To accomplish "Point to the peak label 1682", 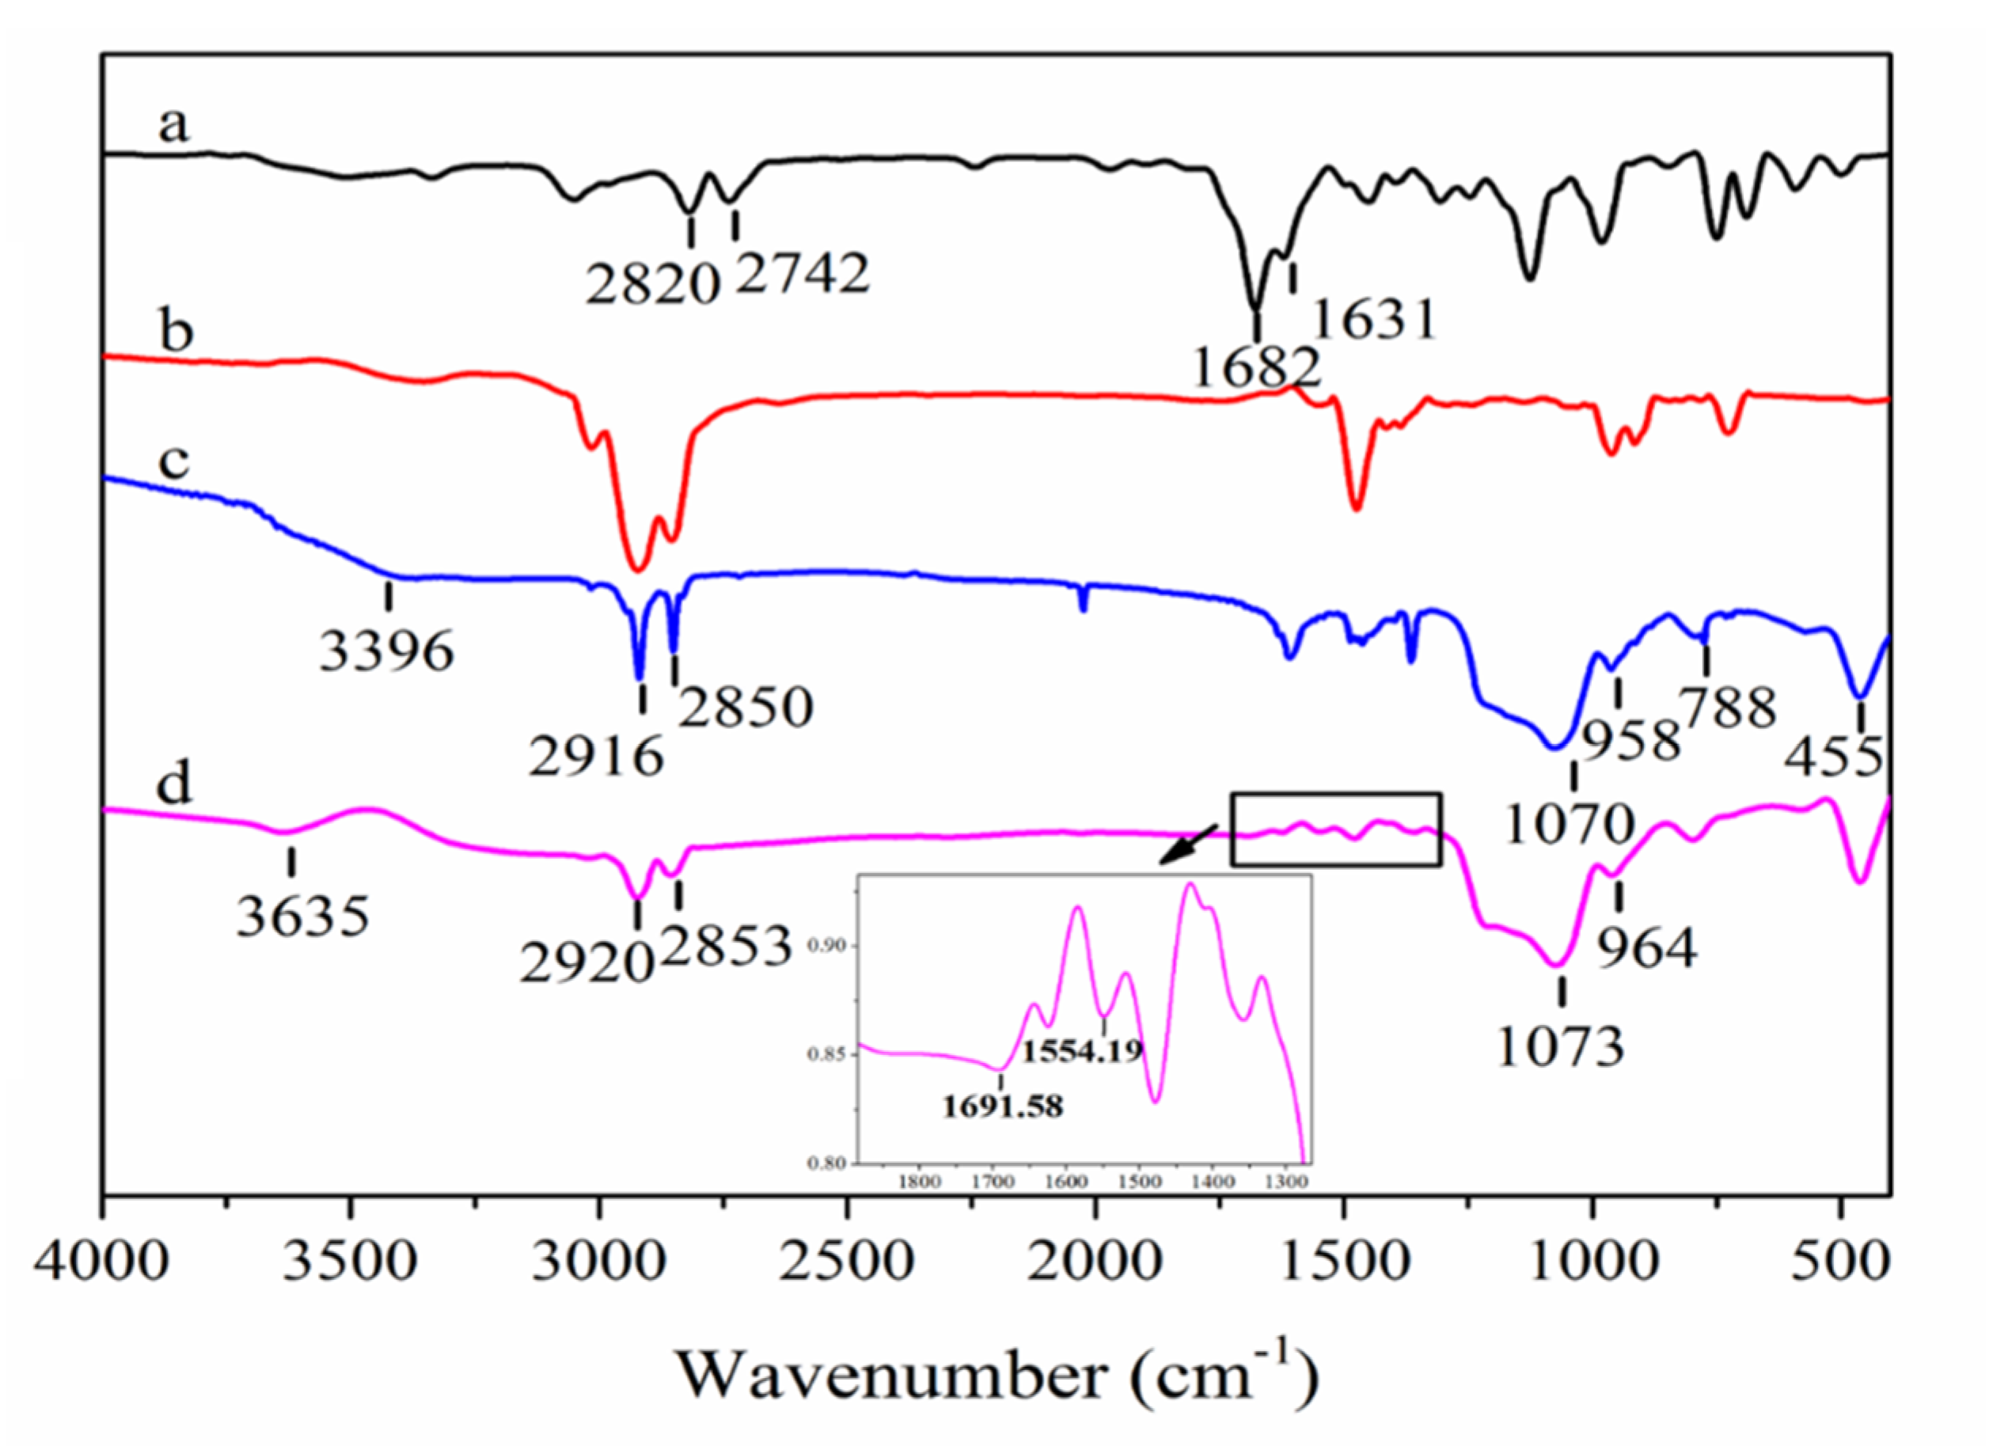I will tap(1257, 367).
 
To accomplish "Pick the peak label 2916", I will tap(596, 757).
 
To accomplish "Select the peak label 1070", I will tap(1570, 824).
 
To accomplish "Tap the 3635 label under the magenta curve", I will tap(303, 918).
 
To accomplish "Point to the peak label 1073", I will tap(1560, 1047).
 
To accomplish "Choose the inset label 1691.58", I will tap(1003, 1106).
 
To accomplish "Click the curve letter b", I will tap(176, 332).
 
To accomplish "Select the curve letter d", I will tap(173, 783).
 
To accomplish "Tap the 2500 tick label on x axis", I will tap(847, 1262).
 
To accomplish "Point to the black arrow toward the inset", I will tap(1187, 844).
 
